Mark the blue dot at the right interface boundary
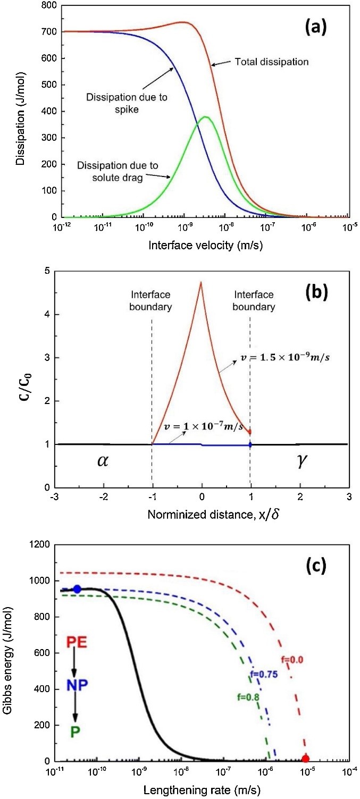tap(250, 444)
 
